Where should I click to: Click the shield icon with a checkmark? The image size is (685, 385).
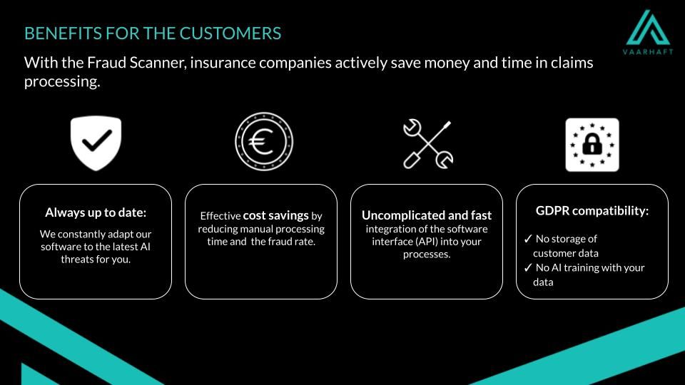point(96,143)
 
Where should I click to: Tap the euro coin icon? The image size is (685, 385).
point(264,141)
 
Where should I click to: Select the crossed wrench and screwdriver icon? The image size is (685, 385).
point(428,144)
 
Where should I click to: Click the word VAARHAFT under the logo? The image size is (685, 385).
point(648,51)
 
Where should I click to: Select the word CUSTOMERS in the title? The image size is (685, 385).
point(230,34)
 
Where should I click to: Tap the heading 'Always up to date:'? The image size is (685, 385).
point(96,212)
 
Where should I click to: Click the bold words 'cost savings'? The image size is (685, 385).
point(275,215)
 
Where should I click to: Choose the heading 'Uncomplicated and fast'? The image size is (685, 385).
point(427,215)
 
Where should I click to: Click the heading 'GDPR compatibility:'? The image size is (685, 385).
point(592,211)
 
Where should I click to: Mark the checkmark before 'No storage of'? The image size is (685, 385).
point(528,239)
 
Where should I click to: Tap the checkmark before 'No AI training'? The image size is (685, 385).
point(528,267)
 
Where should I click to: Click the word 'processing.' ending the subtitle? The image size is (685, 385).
point(62,81)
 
